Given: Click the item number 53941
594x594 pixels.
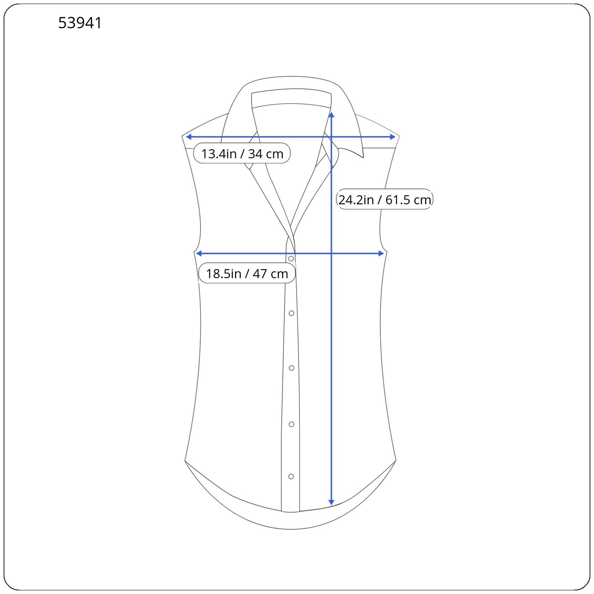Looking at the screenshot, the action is (x=80, y=23).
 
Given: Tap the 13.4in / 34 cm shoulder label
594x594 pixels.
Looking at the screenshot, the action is (x=242, y=153).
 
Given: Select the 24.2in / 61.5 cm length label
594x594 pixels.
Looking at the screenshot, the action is (x=385, y=199).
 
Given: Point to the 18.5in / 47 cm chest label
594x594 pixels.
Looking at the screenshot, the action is (x=247, y=273).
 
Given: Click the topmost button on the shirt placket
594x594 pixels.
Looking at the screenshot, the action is (x=291, y=258).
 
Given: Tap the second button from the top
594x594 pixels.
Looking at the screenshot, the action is (x=291, y=313).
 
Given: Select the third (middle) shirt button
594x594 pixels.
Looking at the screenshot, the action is (x=291, y=368).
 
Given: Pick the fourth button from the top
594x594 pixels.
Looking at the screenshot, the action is (x=291, y=424).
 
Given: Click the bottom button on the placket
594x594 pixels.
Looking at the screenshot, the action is (x=291, y=476).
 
